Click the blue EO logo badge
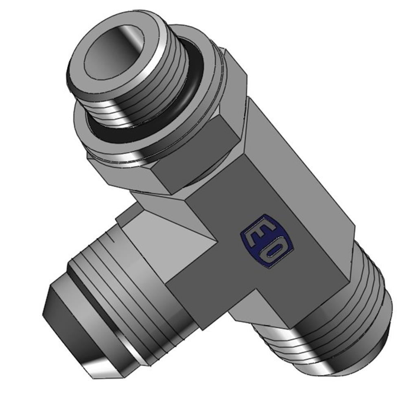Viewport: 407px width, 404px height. tap(268, 241)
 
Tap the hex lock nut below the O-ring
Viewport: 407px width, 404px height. tap(166, 135)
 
